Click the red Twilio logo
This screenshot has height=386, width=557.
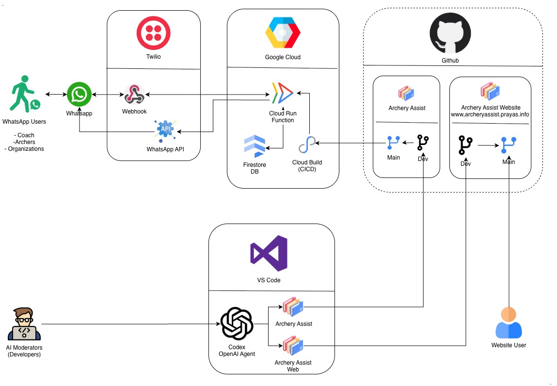[153, 33]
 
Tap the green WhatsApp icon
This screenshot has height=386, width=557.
[79, 94]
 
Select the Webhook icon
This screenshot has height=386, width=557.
[134, 94]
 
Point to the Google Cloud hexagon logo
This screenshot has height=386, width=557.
[283, 33]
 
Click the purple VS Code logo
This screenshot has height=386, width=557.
[269, 253]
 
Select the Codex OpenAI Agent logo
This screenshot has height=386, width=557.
[237, 324]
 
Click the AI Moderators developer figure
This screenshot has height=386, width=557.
[24, 323]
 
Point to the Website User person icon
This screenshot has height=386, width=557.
[509, 323]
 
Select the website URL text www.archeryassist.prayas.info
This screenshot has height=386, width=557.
[490, 114]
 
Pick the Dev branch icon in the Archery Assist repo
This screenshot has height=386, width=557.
[423, 143]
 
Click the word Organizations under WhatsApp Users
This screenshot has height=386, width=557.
[25, 149]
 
